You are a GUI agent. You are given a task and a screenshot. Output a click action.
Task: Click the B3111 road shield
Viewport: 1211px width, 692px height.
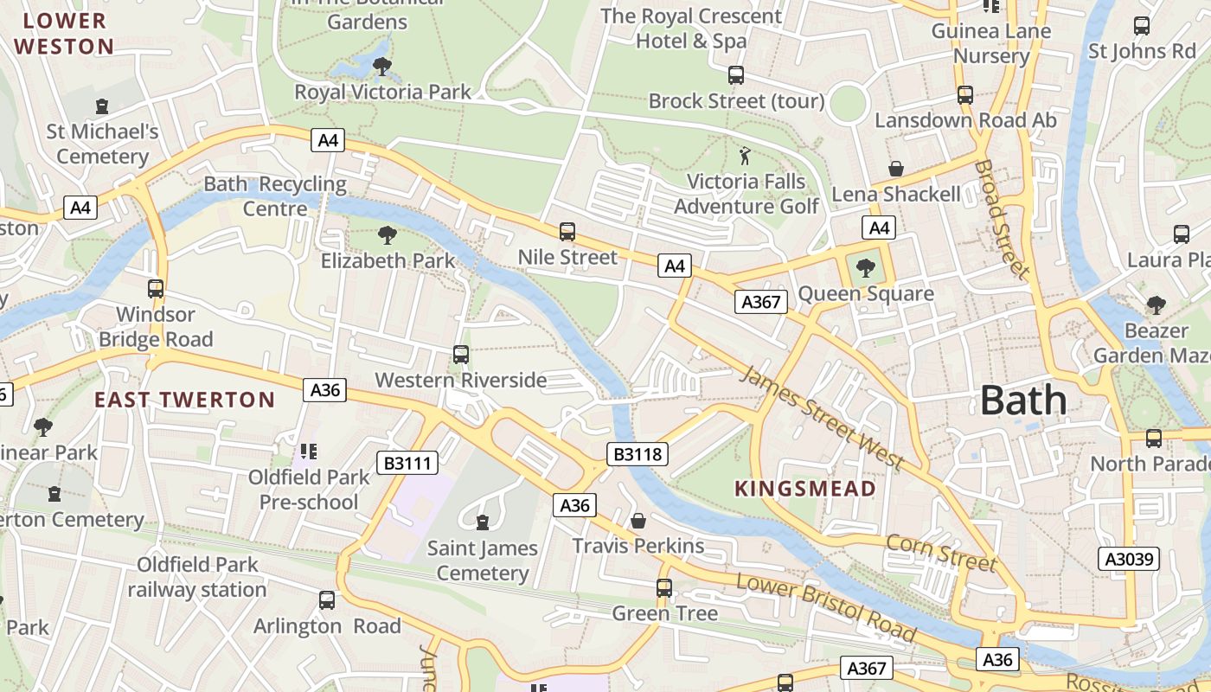tap(407, 464)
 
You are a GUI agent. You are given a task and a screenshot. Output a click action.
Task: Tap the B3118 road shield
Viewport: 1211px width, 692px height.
tap(638, 454)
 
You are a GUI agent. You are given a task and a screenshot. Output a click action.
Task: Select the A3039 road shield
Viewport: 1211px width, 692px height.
tap(1131, 559)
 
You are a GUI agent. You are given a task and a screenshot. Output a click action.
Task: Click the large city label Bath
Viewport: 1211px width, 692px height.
tap(1023, 400)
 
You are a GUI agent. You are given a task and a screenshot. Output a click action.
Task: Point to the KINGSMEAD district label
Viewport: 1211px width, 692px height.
tap(805, 489)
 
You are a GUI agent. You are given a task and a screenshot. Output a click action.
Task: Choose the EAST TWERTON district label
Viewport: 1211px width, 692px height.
tap(184, 400)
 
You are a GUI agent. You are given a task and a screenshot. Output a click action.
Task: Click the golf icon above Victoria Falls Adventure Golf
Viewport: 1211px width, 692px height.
tap(745, 157)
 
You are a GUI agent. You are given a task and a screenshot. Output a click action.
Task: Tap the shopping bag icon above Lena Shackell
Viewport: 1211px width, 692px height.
tap(895, 169)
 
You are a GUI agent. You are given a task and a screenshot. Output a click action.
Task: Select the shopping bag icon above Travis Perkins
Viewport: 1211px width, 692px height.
tap(638, 521)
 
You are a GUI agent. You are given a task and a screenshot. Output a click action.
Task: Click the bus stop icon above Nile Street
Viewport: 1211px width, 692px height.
tap(567, 232)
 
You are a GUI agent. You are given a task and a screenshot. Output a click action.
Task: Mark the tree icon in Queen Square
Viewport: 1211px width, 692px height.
tap(865, 268)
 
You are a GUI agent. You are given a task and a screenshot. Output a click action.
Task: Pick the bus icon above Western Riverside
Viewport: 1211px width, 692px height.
tap(461, 355)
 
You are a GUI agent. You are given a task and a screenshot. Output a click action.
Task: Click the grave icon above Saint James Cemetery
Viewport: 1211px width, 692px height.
tap(483, 522)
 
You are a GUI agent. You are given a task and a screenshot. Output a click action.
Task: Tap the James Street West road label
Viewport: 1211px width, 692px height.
tap(822, 418)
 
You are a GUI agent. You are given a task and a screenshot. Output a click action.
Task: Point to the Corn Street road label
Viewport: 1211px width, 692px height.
tap(941, 553)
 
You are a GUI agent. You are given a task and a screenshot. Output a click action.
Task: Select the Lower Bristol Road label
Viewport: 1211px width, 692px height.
tap(825, 609)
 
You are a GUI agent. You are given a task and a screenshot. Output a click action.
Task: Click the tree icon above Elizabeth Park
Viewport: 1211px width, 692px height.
tap(388, 234)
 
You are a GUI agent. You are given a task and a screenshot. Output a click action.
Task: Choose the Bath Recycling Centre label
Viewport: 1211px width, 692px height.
tap(275, 196)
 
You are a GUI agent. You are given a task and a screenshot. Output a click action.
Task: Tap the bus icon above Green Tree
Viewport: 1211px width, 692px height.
tap(664, 588)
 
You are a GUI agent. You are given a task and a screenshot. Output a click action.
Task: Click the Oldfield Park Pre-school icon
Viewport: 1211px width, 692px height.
tap(309, 452)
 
